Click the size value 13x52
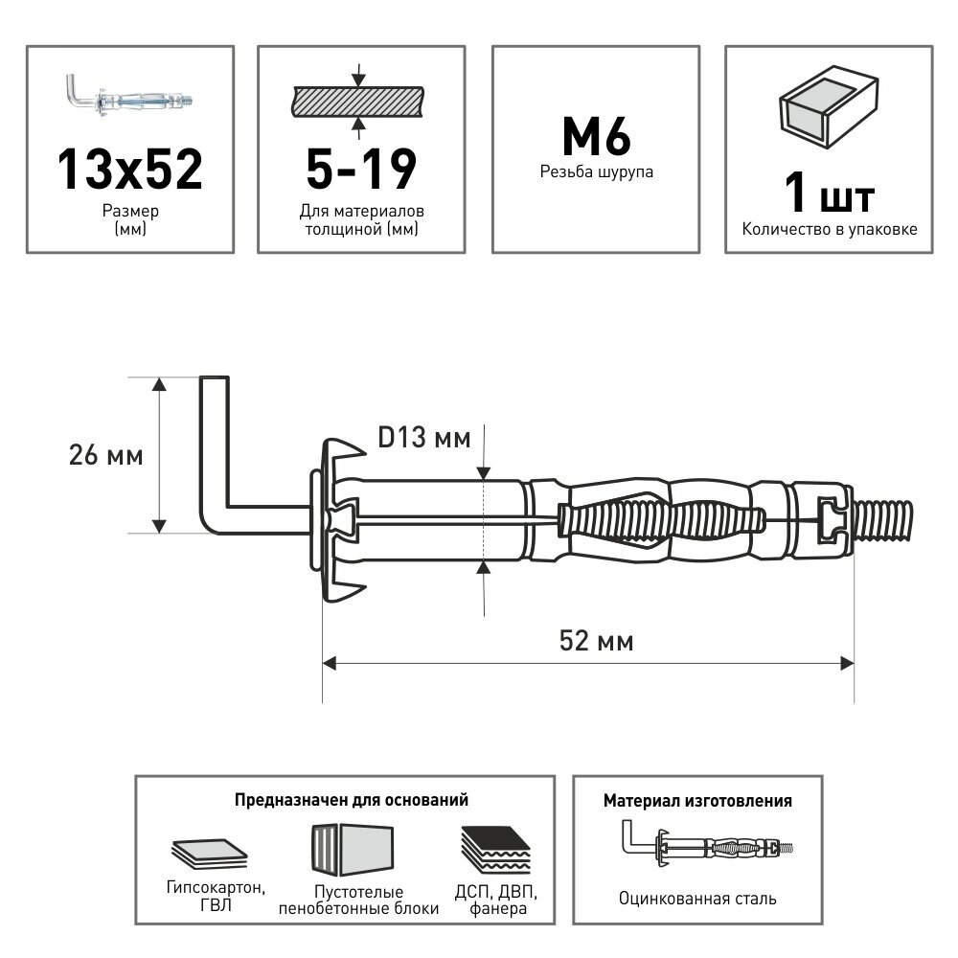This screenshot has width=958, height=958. click(x=129, y=168)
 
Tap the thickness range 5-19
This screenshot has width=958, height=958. click(x=361, y=168)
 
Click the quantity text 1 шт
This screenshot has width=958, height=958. click(x=829, y=194)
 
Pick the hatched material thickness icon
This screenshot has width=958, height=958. click(x=356, y=99)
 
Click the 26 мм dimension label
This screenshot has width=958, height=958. click(x=105, y=456)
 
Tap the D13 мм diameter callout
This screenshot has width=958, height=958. click(x=424, y=439)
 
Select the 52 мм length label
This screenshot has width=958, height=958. click(x=595, y=641)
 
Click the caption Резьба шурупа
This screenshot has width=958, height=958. click(x=595, y=173)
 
